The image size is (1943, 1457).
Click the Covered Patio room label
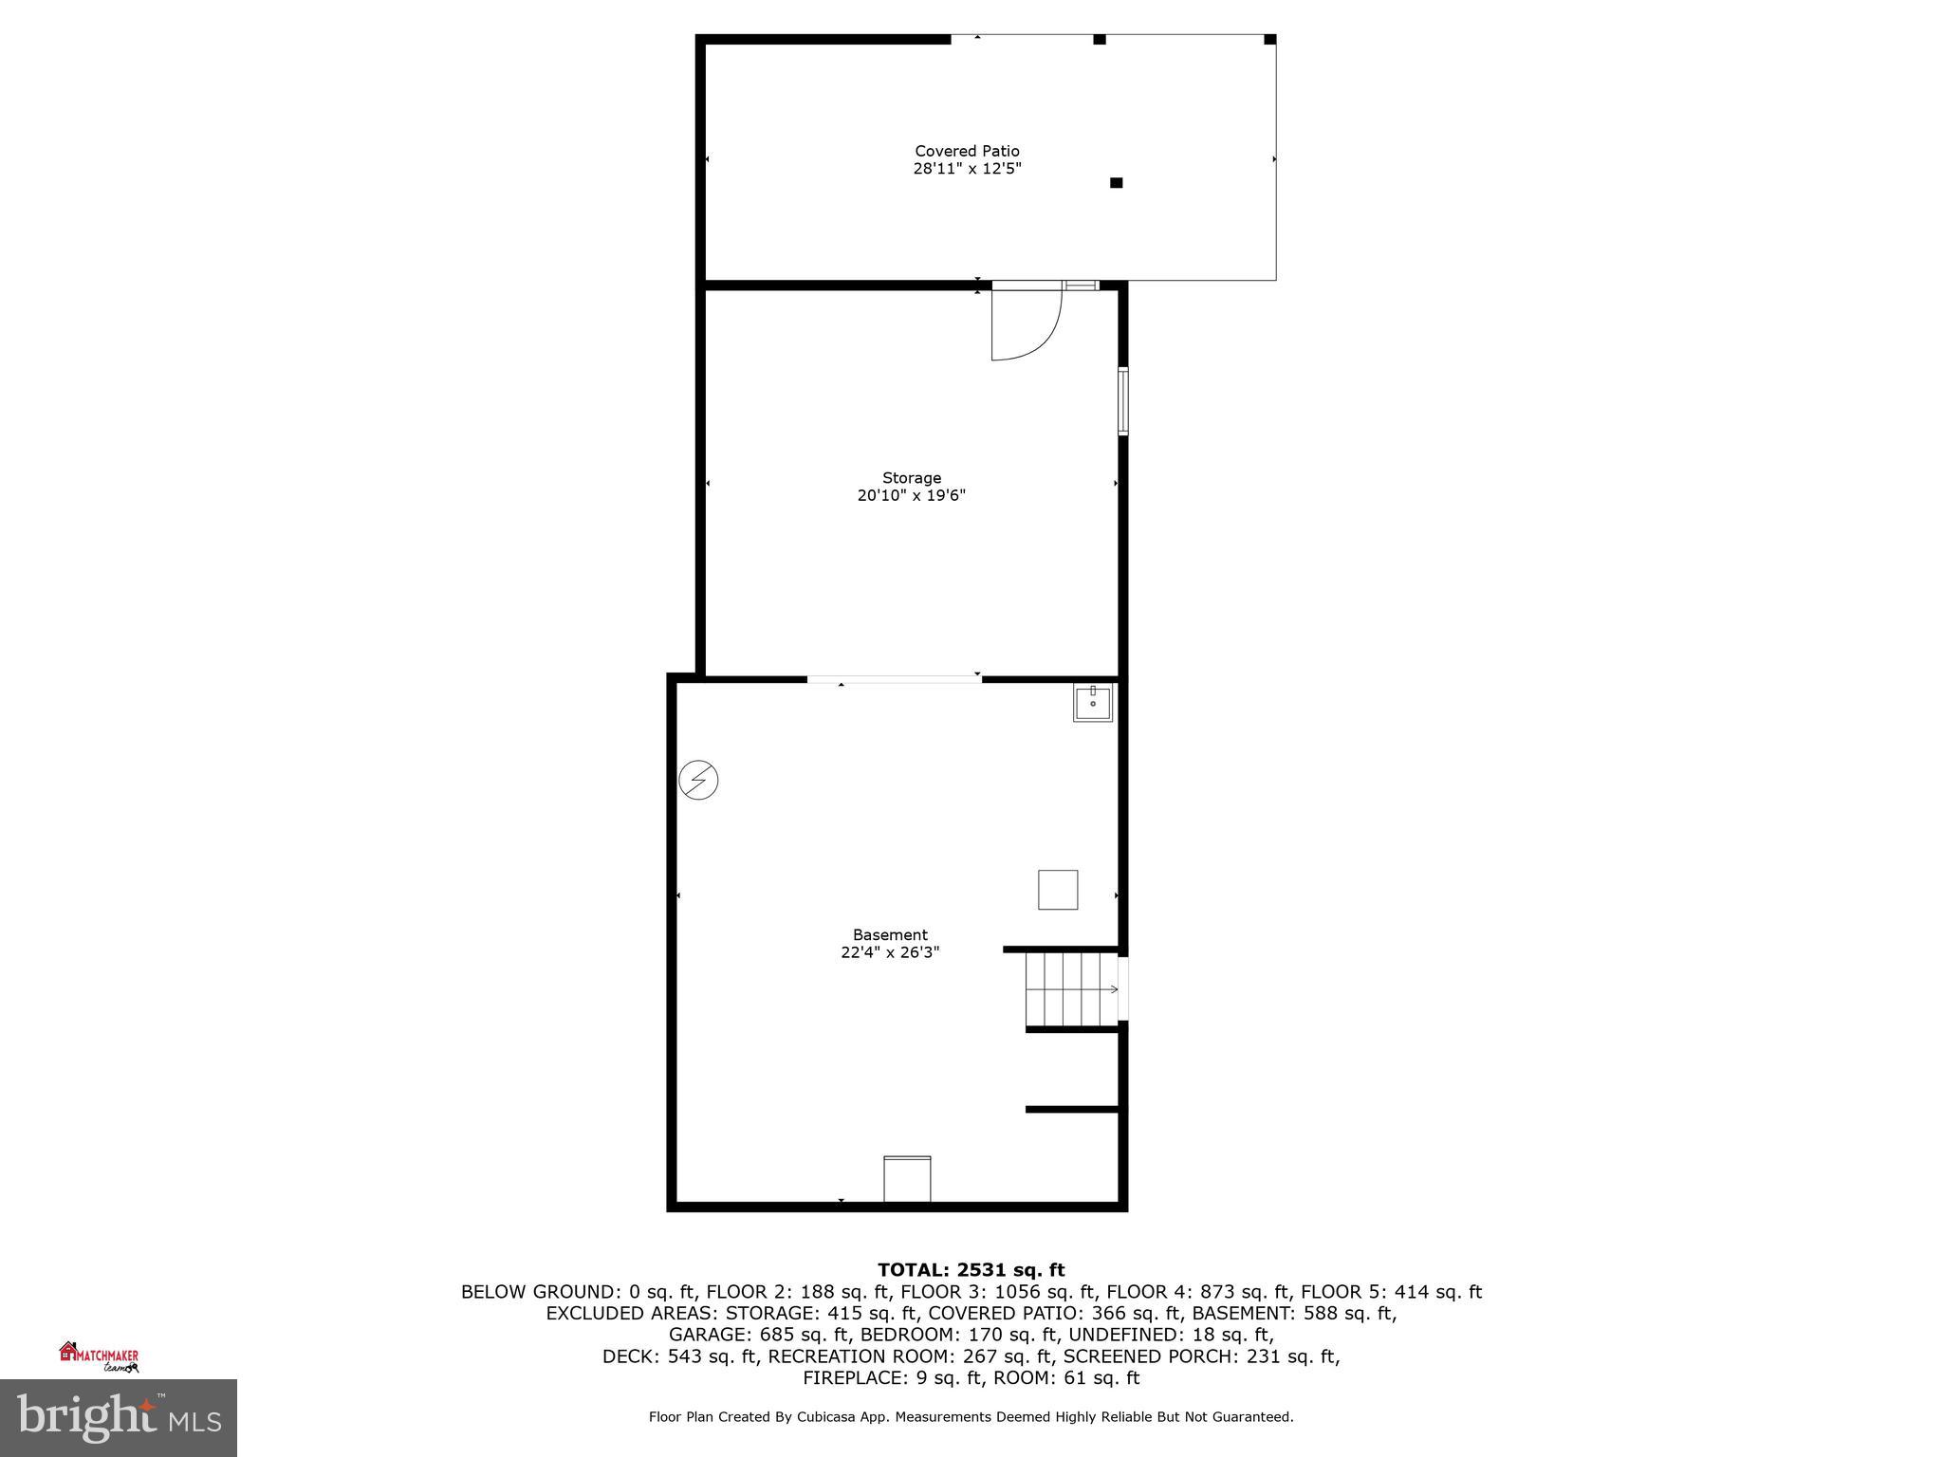[967, 151]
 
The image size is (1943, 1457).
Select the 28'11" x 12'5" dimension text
[967, 169]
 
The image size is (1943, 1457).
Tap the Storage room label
[912, 478]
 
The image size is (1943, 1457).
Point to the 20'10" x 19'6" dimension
[912, 495]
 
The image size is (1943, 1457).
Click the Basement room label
[890, 935]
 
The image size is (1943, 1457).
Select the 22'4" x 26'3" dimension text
[890, 952]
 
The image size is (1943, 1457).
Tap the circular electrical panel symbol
[698, 781]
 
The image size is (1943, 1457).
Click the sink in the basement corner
[1093, 703]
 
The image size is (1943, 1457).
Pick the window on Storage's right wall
[1123, 401]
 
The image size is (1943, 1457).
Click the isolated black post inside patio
[1117, 182]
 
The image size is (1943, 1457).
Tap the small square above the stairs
[1058, 890]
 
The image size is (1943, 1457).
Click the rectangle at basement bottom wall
[907, 1179]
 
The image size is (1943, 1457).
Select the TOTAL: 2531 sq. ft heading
[971, 1270]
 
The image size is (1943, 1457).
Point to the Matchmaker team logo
[100, 1357]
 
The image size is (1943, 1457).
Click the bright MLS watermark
[119, 1418]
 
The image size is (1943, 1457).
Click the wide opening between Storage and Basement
[894, 679]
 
